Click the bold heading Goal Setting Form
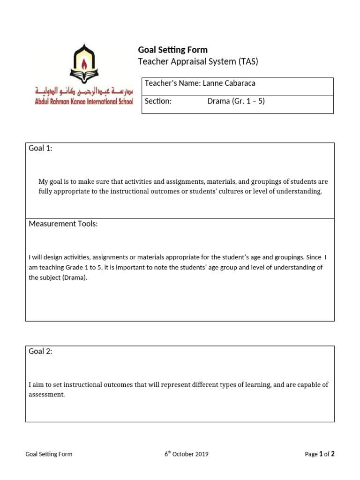click(x=172, y=50)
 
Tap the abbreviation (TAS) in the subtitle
click(x=248, y=61)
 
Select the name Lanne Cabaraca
click(x=229, y=83)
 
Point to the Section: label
click(x=158, y=101)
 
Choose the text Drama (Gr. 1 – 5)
click(x=236, y=101)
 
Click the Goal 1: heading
click(x=41, y=149)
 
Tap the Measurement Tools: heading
click(x=63, y=224)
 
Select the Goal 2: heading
click(x=41, y=352)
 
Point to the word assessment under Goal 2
click(x=46, y=395)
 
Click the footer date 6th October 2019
click(x=186, y=454)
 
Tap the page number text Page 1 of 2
click(x=319, y=454)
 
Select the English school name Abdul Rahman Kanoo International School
click(x=84, y=101)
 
